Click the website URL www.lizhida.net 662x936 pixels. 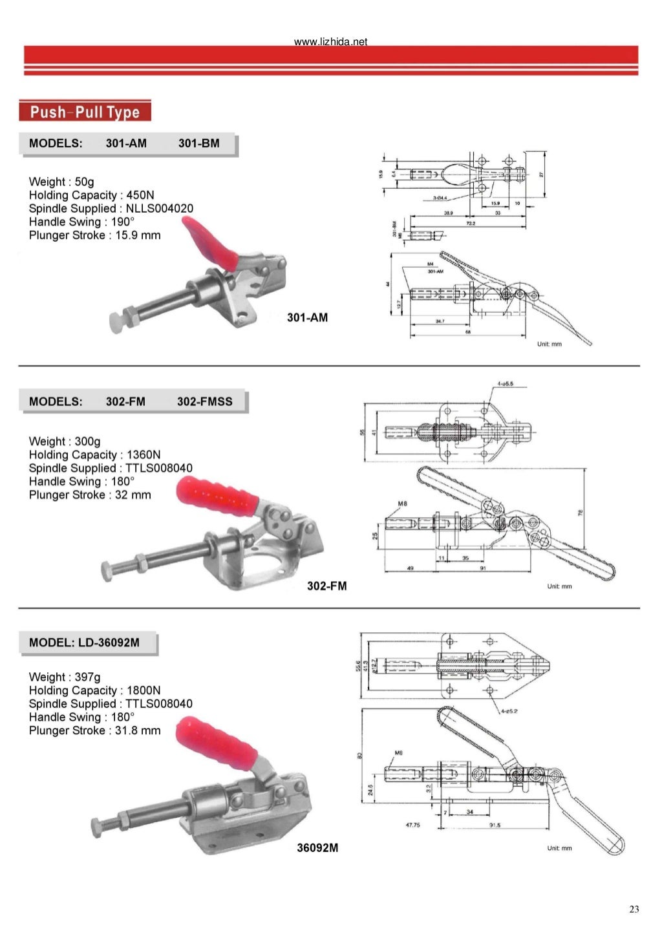(x=330, y=42)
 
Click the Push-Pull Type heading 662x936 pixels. (x=85, y=112)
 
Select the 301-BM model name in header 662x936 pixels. (x=198, y=144)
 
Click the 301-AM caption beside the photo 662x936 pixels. (x=307, y=317)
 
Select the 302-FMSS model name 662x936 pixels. (x=204, y=401)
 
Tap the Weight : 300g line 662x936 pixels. (x=65, y=441)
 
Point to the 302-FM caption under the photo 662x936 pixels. (x=326, y=586)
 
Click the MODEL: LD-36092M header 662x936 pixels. (x=84, y=643)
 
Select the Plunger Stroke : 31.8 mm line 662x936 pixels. (x=94, y=730)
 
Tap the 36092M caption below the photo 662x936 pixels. (x=317, y=847)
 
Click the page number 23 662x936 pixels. (x=634, y=909)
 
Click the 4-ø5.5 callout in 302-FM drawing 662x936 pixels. (x=505, y=385)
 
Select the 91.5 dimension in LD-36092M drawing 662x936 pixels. (x=495, y=825)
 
